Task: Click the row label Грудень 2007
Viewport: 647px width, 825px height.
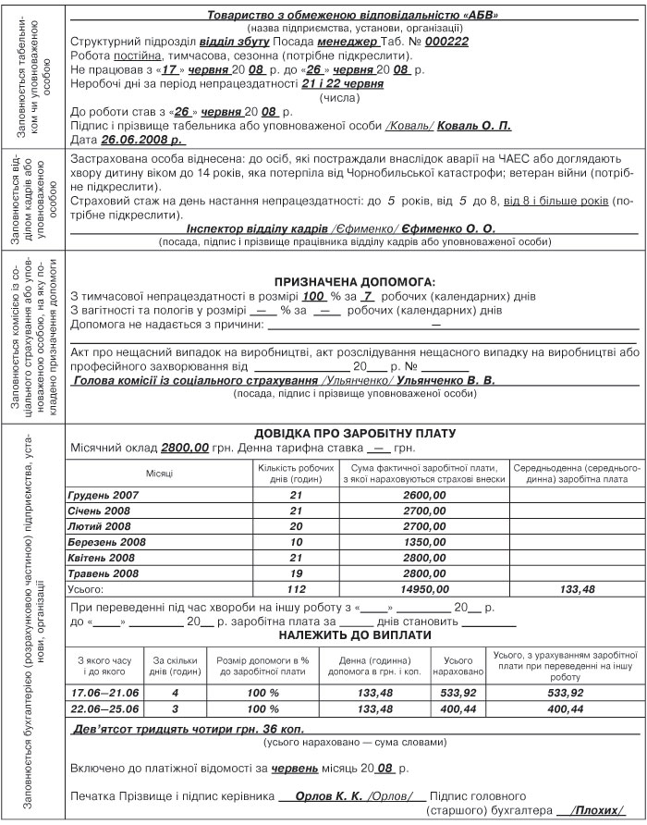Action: pyautogui.click(x=104, y=496)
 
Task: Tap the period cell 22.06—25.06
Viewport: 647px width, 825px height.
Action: pyautogui.click(x=103, y=708)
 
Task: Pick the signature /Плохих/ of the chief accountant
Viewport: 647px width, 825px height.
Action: pyautogui.click(x=596, y=807)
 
